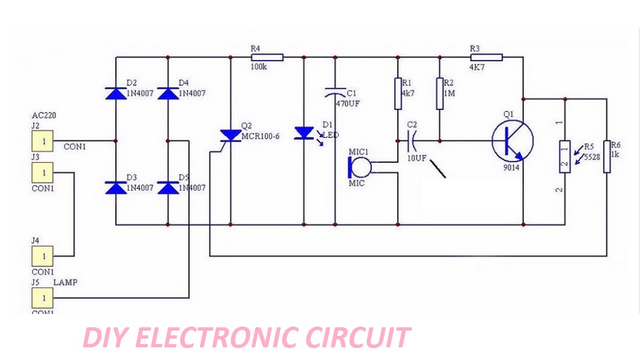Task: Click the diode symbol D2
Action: (115, 94)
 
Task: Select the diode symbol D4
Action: (167, 94)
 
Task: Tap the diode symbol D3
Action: (115, 188)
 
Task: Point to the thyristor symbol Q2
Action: (230, 135)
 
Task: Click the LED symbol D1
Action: (304, 133)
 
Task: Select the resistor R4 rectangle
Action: (267, 58)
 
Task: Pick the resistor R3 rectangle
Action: (487, 58)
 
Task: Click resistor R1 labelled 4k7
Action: (398, 93)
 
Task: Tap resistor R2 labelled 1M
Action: (440, 93)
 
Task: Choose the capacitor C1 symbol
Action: (335, 94)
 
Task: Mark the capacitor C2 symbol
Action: (411, 141)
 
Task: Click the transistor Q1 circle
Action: (512, 141)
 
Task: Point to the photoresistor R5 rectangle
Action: (565, 157)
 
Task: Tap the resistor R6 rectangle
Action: (607, 156)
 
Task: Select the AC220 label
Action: (44, 115)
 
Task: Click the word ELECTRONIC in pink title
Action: (216, 338)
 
